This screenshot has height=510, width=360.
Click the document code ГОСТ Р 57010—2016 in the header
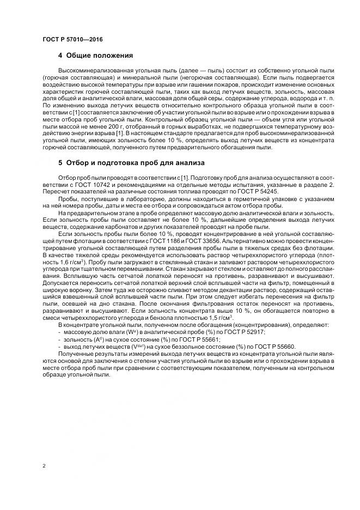pos(72,40)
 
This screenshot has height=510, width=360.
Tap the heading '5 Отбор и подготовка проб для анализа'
pos(130,163)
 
